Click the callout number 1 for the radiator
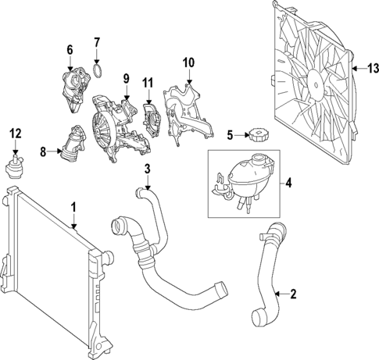click(73, 209)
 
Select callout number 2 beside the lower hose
click(293, 295)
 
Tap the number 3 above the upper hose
click(147, 169)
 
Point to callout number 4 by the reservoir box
click(288, 185)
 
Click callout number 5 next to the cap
click(231, 134)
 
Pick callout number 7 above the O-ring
click(97, 41)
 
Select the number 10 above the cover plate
click(188, 62)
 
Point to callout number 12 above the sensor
click(15, 134)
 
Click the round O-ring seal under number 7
click(98, 72)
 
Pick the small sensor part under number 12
click(15, 166)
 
